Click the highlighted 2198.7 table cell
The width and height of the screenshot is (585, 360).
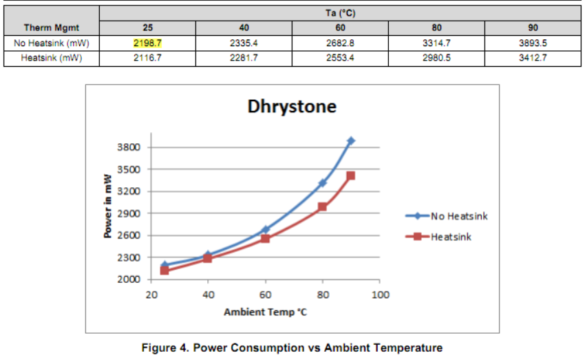(x=147, y=43)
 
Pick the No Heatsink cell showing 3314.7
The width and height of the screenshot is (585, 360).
(x=436, y=43)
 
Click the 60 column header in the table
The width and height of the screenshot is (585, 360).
(x=340, y=28)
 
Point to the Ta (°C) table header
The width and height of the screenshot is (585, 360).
(x=340, y=13)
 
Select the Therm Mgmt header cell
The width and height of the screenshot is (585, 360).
(x=52, y=28)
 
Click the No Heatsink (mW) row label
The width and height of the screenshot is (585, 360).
(x=52, y=43)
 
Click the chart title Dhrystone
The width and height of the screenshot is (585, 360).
(x=292, y=107)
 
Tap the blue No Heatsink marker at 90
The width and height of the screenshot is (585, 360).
(x=351, y=140)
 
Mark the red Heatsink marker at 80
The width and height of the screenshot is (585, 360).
(x=322, y=207)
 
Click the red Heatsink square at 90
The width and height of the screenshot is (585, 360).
(x=351, y=176)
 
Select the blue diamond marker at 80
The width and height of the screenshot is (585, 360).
(x=322, y=182)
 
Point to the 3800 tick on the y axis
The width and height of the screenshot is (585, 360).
(x=131, y=147)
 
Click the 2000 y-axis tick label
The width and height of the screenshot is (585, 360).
(x=131, y=279)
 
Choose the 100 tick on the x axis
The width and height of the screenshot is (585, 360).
(x=380, y=295)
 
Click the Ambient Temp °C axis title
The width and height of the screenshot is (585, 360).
(x=265, y=313)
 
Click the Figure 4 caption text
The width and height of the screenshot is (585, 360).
(x=292, y=348)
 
